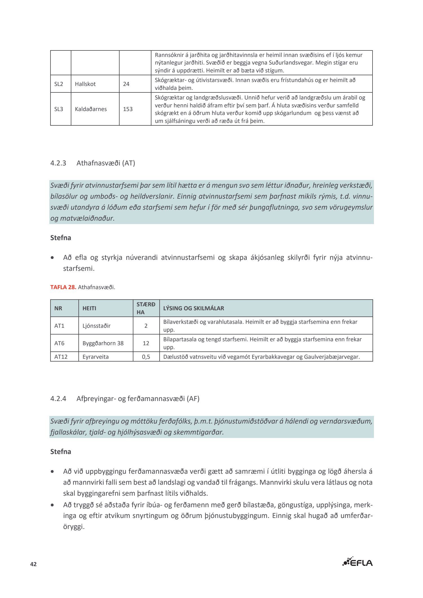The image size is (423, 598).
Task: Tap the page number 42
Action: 34,564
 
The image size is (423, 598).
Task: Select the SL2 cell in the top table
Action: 59,84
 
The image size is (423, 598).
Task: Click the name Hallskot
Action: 85,84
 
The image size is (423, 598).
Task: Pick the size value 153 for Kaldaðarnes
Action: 128,109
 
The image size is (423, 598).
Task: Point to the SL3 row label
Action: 59,109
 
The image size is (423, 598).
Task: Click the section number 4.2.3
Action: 58,163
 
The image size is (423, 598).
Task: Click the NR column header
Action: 58,308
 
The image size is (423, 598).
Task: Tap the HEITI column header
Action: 89,308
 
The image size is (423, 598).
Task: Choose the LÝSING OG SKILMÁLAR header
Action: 193,308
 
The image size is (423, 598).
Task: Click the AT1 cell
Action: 59,326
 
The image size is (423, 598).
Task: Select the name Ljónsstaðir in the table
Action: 96,326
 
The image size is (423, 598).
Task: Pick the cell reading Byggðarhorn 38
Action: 103,343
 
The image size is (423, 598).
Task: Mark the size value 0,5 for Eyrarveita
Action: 146,357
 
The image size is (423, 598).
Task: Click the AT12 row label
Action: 61,357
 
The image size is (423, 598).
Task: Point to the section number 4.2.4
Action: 58,399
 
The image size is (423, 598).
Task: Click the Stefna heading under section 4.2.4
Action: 61,452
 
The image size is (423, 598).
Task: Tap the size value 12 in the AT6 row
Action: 146,343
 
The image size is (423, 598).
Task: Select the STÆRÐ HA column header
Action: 146,308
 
